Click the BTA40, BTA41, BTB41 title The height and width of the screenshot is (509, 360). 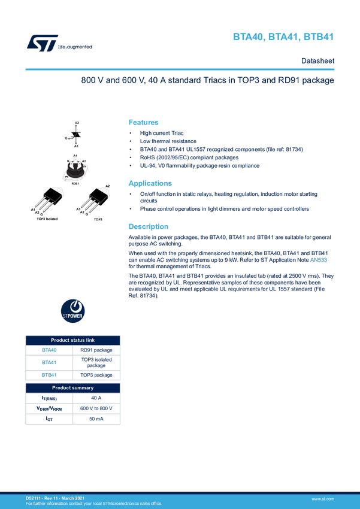283,38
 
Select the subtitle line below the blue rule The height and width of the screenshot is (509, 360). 207,81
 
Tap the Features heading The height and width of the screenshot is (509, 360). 144,122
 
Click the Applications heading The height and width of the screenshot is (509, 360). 151,183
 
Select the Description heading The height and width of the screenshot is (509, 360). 149,227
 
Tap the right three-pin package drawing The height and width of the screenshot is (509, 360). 98,199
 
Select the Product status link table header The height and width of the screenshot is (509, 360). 73,340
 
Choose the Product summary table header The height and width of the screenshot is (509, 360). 73,388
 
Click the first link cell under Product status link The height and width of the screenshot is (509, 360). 49,350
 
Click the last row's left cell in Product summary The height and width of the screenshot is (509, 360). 49,419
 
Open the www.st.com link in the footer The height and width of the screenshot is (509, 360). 322,498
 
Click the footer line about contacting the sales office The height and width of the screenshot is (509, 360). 94,504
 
